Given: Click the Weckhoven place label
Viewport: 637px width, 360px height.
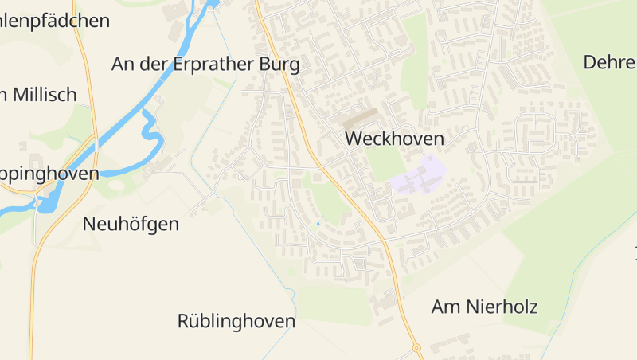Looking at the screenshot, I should click(x=394, y=139).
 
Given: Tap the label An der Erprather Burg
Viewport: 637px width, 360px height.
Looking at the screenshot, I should click(x=205, y=64).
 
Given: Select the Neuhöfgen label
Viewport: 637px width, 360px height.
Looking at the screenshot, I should click(x=131, y=224).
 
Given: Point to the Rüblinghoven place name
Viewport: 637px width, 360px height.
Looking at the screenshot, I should click(x=236, y=322).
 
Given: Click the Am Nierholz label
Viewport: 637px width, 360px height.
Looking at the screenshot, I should click(x=484, y=307).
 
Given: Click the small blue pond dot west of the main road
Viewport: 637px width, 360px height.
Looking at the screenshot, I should click(x=318, y=224).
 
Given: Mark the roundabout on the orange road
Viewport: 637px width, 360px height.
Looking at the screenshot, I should click(x=416, y=348).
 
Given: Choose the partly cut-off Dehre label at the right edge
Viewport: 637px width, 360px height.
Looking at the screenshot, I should click(x=610, y=62).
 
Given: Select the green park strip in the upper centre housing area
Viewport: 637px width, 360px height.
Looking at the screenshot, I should click(x=414, y=56).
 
